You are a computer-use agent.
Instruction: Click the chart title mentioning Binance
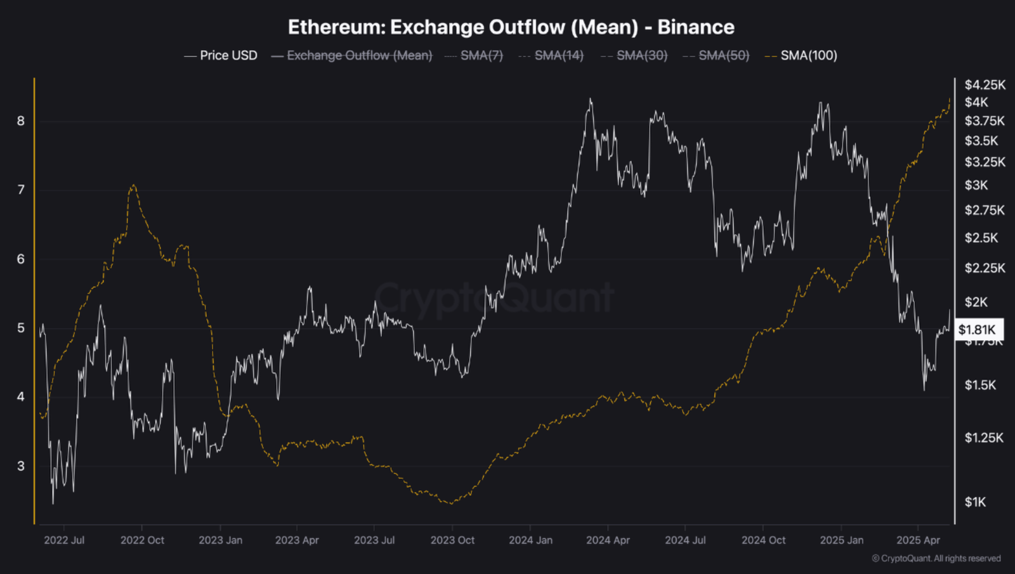(x=511, y=27)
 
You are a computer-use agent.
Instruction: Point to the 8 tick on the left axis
(x=21, y=121)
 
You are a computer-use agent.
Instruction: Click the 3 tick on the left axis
(x=21, y=466)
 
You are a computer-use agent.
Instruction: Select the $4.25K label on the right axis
(x=985, y=85)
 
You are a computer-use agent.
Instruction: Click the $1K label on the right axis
(x=976, y=502)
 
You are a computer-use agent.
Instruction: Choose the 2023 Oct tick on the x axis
(x=452, y=540)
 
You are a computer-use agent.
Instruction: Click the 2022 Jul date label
(x=64, y=540)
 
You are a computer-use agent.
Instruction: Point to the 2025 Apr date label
(x=918, y=540)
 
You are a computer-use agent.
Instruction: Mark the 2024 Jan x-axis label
(x=530, y=540)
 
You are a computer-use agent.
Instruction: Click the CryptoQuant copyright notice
(x=936, y=559)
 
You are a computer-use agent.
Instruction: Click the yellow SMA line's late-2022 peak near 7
(x=133, y=185)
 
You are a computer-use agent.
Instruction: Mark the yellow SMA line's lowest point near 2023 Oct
(x=451, y=504)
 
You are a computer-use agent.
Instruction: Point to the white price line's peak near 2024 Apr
(x=591, y=99)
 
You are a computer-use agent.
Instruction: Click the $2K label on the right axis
(x=976, y=303)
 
